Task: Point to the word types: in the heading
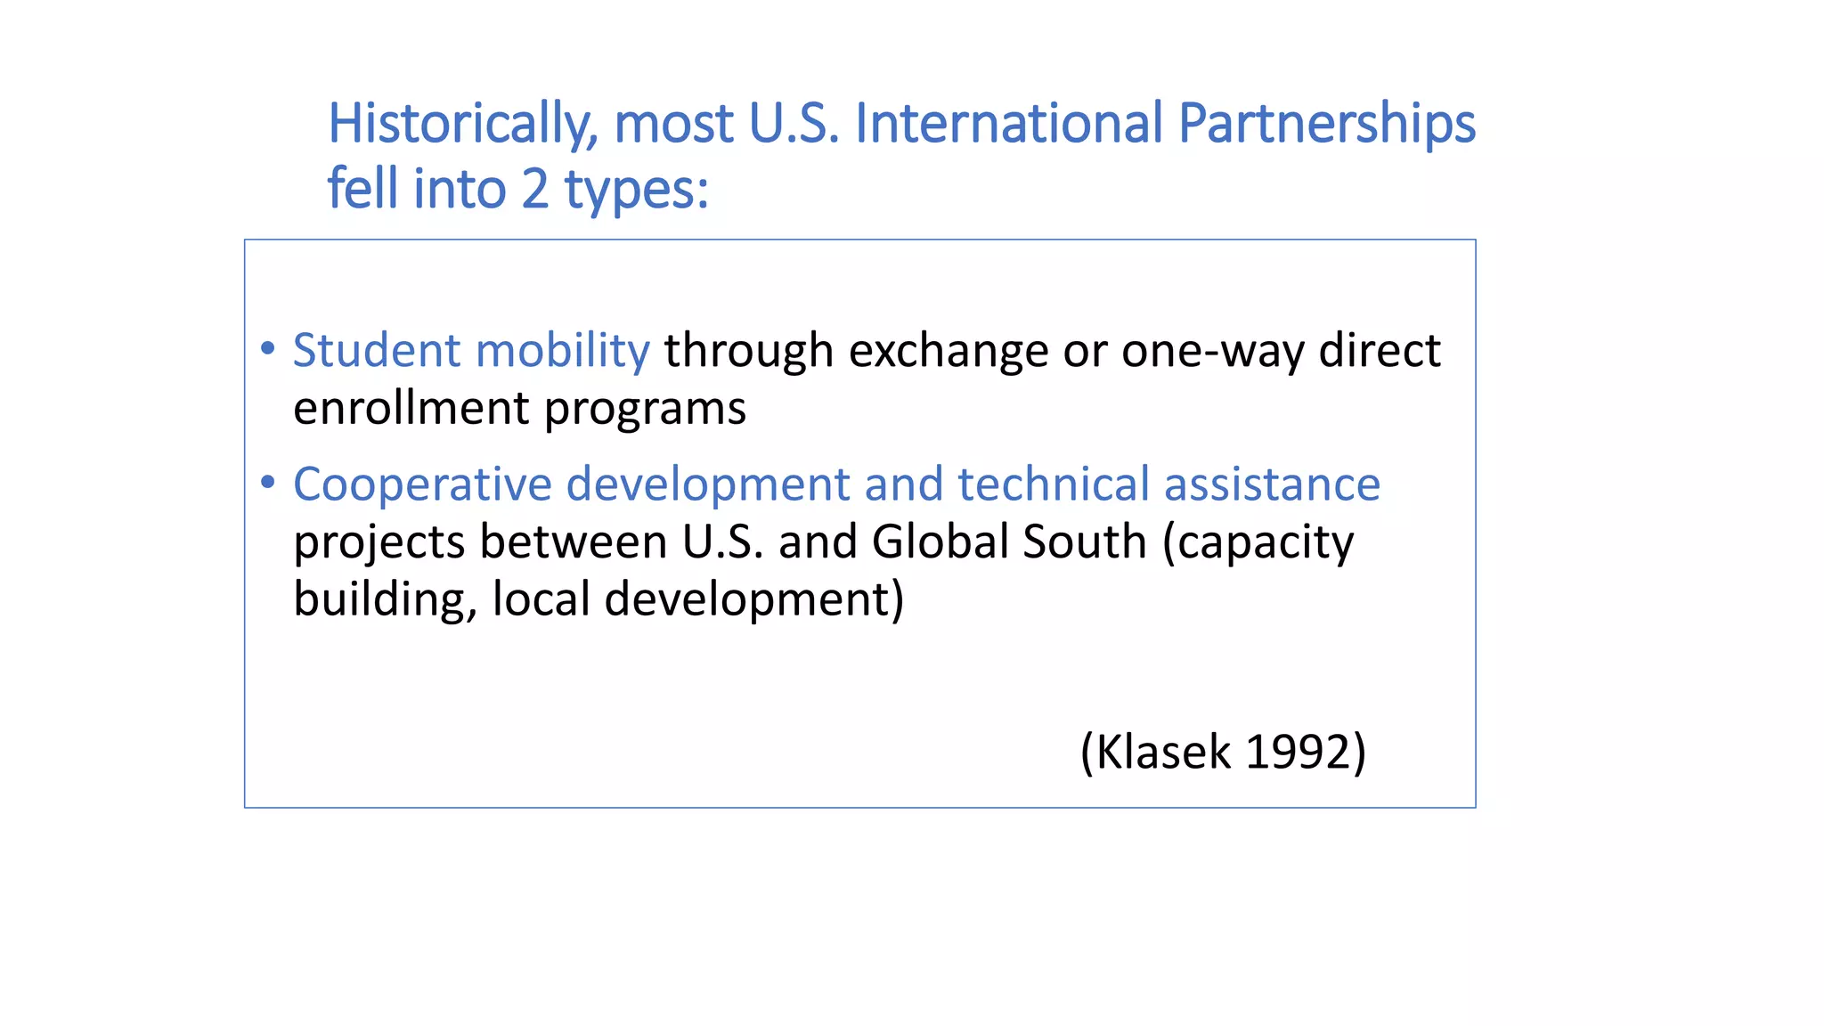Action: click(x=637, y=191)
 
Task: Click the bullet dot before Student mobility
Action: click(x=268, y=348)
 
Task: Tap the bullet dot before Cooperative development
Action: click(x=268, y=483)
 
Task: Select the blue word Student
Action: click(x=376, y=350)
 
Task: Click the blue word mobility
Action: click(x=563, y=350)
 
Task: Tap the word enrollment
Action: click(x=411, y=408)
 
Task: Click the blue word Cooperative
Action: click(x=422, y=484)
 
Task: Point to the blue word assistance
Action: click(x=1272, y=484)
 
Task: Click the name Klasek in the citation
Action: click(x=1161, y=752)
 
